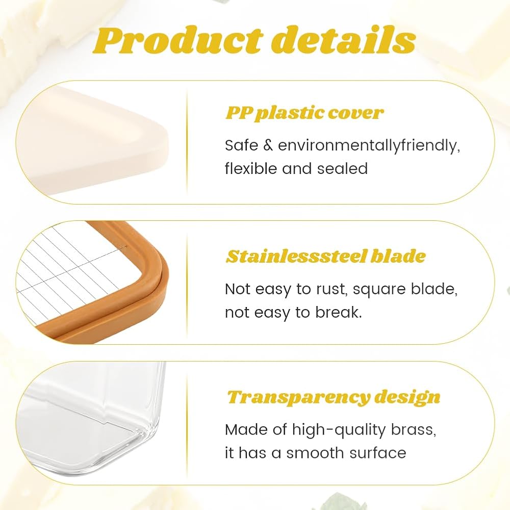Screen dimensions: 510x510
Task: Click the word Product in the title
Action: click(x=177, y=40)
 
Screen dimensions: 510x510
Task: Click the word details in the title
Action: click(x=343, y=40)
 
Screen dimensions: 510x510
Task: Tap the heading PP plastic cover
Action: click(x=304, y=113)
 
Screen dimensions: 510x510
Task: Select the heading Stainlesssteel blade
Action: click(x=325, y=257)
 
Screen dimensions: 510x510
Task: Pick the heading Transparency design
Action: click(x=334, y=397)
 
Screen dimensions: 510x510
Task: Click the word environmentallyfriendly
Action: click(x=369, y=145)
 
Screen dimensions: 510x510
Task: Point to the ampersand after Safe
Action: click(x=268, y=145)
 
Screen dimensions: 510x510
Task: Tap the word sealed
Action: click(x=342, y=168)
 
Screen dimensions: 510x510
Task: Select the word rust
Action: click(x=333, y=290)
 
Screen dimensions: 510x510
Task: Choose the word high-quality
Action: click(x=339, y=430)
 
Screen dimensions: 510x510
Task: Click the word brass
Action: click(x=413, y=429)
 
